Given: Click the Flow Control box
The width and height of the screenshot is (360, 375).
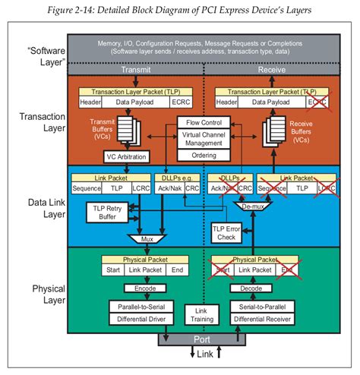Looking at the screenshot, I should pos(204,121).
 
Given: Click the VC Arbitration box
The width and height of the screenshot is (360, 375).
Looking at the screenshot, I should pos(131,156).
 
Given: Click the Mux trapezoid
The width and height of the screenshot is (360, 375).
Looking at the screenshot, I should pos(145,239).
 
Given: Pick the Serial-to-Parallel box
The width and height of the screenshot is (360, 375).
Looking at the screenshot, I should pos(260,305).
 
